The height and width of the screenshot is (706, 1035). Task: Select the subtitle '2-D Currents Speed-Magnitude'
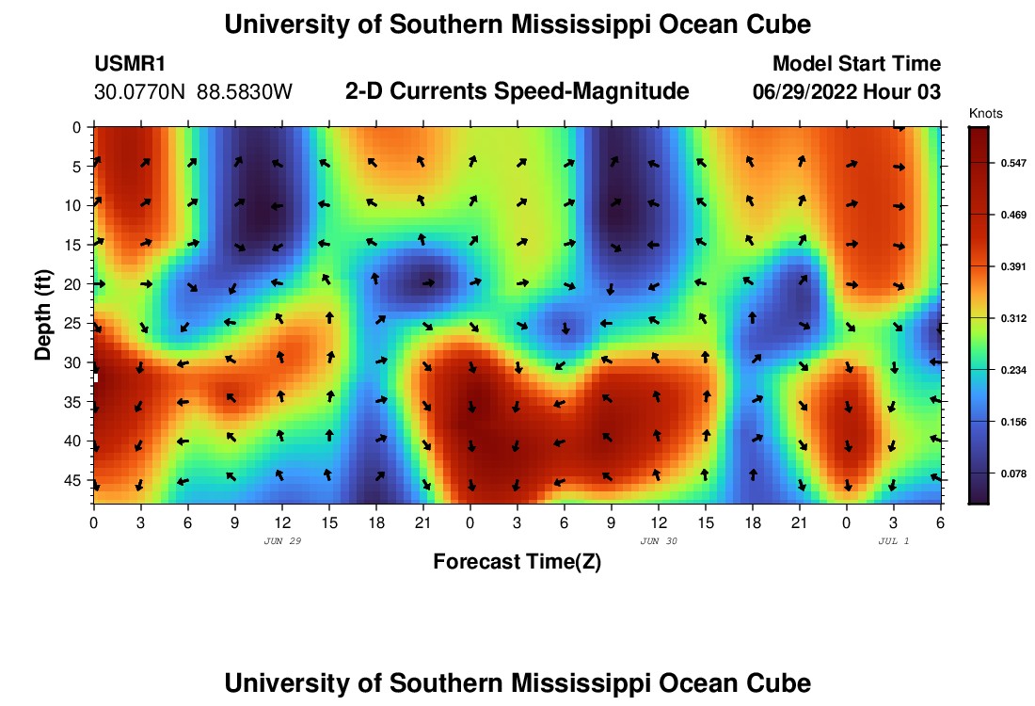coord(517,91)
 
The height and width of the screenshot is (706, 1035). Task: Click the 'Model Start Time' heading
coord(855,64)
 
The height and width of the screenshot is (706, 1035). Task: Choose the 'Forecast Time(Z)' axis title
coord(517,562)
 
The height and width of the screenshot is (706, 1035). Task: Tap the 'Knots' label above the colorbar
coord(985,114)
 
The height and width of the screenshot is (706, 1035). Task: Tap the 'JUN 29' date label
coord(283,541)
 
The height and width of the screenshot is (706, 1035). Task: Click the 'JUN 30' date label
coord(659,541)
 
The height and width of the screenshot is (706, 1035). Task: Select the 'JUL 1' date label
coord(893,541)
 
